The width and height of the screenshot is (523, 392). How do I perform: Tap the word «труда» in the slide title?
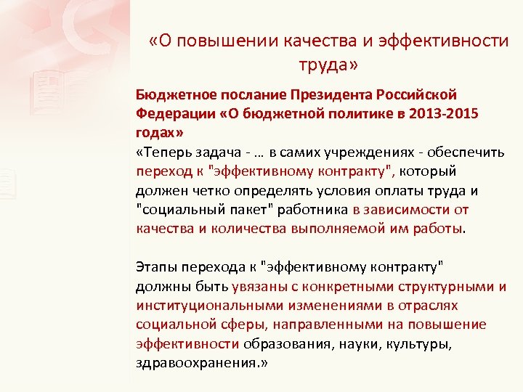click(x=323, y=65)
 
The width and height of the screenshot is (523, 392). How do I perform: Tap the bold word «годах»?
click(x=155, y=134)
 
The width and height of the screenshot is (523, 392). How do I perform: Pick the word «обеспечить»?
click(x=472, y=153)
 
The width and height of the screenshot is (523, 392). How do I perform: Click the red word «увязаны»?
click(x=258, y=286)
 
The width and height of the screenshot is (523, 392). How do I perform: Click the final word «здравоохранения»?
click(x=192, y=362)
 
